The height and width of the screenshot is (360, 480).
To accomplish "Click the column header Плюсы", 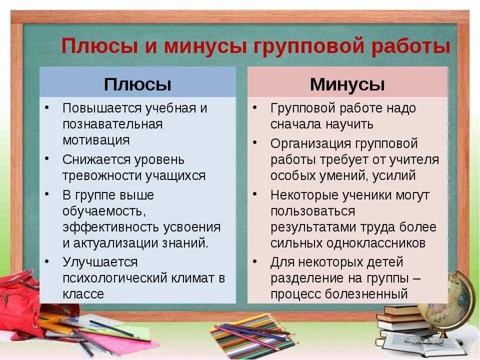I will click(x=137, y=84).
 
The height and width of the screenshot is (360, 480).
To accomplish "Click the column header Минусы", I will click(x=347, y=84).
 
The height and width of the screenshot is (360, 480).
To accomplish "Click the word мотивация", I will click(x=96, y=140).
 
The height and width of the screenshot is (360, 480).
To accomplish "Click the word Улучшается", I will click(x=100, y=262).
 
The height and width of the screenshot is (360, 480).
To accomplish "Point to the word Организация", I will click(x=310, y=144).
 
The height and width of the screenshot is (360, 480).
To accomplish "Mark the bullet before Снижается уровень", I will click(x=46, y=158).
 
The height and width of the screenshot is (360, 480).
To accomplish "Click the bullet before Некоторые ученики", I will click(x=254, y=193).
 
